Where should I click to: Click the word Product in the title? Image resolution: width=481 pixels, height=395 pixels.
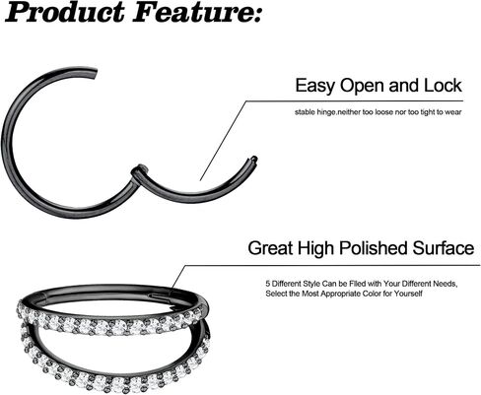click(65, 13)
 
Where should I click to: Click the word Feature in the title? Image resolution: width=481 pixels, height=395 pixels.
click(191, 13)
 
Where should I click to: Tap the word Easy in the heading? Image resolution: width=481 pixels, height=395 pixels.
click(315, 87)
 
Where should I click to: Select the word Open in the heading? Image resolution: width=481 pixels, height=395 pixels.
click(363, 87)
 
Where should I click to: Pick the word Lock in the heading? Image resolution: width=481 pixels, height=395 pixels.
click(443, 86)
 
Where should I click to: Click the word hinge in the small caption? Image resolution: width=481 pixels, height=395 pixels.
click(326, 112)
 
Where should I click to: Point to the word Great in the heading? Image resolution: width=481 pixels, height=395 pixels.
click(270, 248)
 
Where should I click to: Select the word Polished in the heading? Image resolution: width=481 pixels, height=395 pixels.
click(374, 248)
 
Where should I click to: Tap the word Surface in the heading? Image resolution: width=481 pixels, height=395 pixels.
click(444, 248)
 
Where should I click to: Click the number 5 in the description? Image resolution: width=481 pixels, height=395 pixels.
click(268, 284)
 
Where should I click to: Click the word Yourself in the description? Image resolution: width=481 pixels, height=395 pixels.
click(408, 294)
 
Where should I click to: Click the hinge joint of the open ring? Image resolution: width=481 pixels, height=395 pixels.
click(139, 171)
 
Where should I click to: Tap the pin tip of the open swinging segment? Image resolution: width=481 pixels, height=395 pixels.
click(253, 159)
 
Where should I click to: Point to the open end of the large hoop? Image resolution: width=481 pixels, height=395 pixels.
click(94, 73)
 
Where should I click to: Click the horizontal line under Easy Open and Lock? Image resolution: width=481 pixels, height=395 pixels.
click(355, 101)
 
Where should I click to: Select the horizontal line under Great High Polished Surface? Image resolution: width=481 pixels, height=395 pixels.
click(332, 265)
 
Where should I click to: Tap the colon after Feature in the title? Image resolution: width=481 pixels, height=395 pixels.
click(256, 16)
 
